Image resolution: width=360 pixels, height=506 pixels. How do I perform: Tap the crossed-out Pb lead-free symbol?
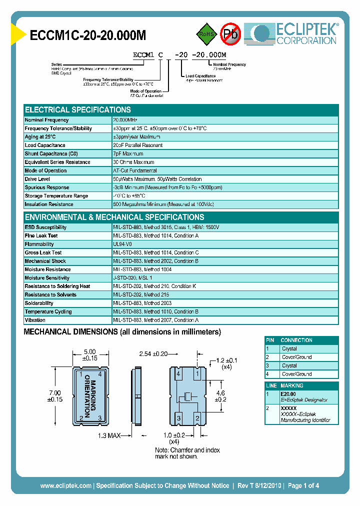pos(230,34)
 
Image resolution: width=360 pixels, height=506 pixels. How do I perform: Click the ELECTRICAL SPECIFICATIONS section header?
pos(78,109)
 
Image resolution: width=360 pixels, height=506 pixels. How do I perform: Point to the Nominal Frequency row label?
pos(47,120)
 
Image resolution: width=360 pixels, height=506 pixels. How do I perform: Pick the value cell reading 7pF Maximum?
pos(128,154)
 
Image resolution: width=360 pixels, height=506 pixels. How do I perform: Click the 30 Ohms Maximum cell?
pos(133,162)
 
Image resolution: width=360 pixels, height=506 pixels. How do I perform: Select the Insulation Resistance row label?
pos(49,204)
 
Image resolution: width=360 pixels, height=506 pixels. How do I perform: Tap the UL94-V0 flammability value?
pos(123,244)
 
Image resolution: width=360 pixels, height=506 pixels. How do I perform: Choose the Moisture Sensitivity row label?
pos(47,278)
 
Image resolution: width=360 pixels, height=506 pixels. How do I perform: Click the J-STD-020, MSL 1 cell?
pos(132,278)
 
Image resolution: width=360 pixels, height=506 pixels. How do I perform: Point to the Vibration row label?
pos(35,320)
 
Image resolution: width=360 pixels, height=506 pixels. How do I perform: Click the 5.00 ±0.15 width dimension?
pos(90,354)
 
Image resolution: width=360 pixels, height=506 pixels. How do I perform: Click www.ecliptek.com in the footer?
pos(65,485)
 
